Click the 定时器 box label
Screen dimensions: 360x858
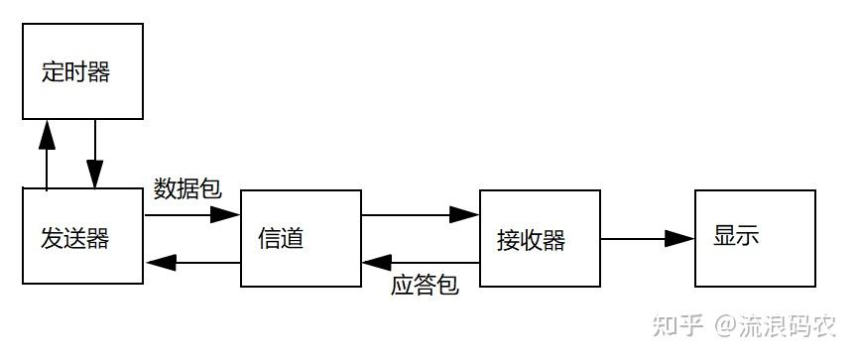point(75,72)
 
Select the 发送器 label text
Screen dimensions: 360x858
point(75,238)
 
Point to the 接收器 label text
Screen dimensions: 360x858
point(531,239)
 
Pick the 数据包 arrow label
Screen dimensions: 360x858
point(187,189)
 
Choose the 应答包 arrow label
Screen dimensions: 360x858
point(425,286)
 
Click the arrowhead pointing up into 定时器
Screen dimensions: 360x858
point(47,132)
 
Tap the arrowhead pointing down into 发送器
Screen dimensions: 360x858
point(95,177)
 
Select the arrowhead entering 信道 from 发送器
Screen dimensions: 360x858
point(227,214)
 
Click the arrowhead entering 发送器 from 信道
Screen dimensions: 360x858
point(160,263)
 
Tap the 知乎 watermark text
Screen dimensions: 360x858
point(682,324)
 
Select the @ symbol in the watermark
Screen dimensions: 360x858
point(726,324)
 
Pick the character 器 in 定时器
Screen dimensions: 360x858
point(98,72)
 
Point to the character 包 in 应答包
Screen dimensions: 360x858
point(447,286)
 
